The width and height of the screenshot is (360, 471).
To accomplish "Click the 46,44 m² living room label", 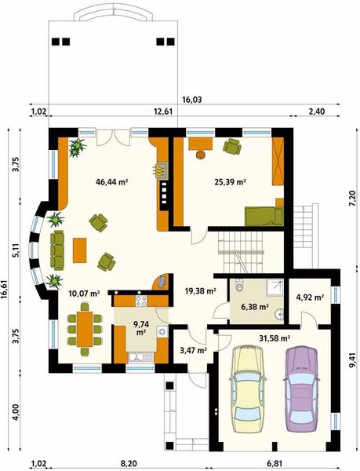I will click(112, 181).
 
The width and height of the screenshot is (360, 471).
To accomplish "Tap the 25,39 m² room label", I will click(231, 181).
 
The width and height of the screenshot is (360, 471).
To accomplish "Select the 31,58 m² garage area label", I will click(275, 338).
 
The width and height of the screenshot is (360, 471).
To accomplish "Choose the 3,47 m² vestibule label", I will click(193, 351).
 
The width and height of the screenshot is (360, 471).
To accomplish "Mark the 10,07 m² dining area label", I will click(84, 294).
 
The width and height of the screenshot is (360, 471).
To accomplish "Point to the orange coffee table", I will click(79, 250).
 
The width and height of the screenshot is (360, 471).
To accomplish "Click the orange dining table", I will click(84, 329).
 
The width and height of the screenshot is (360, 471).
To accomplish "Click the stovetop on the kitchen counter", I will click(143, 300).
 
